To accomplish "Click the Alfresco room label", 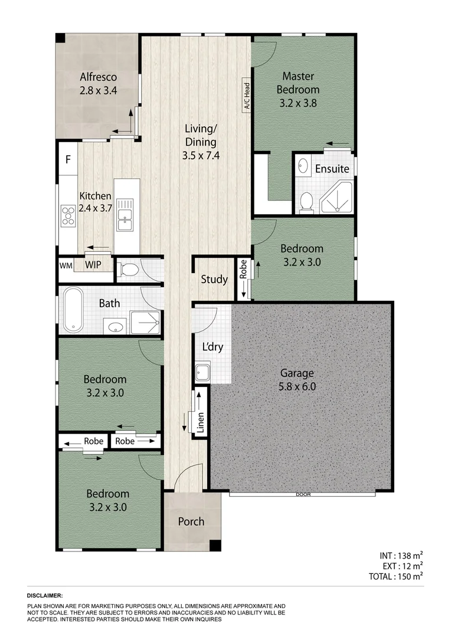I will [98, 77].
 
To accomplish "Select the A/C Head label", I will [247, 97].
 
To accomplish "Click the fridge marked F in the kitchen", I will [68, 159].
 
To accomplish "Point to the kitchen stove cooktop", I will [67, 216].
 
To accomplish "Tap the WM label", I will [66, 265].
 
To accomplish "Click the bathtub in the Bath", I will [73, 309].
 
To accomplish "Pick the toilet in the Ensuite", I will [306, 202].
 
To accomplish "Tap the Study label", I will [214, 280].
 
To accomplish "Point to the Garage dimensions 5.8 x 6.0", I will [297, 387].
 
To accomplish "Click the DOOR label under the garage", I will [303, 495].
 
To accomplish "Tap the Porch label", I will [191, 521].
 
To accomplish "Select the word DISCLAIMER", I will [45, 596].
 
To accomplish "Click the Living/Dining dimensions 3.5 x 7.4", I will [201, 156].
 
